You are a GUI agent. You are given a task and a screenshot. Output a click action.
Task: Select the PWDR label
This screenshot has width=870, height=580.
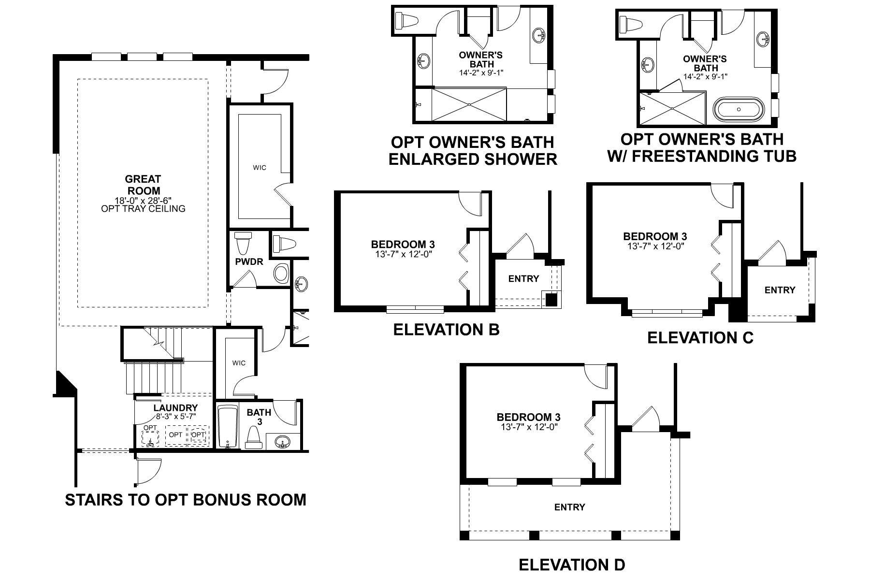249,262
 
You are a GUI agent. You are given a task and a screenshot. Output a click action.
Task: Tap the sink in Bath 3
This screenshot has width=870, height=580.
282,441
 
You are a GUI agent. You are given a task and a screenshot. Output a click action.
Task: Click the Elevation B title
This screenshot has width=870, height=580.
446,330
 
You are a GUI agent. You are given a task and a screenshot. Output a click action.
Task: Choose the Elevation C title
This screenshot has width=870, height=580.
700,337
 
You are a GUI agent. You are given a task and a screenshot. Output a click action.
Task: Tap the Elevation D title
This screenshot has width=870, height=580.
572,565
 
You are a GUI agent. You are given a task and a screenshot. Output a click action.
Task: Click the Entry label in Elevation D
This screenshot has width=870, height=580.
569,507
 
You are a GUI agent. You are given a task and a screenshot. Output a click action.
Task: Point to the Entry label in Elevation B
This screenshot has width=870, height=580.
523,278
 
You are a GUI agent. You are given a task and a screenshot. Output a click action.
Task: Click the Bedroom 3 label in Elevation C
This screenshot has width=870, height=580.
654,236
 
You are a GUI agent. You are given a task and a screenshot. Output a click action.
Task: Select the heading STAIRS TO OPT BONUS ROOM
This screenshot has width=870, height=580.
186,499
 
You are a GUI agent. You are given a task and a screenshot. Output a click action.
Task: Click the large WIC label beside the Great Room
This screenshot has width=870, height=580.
260,168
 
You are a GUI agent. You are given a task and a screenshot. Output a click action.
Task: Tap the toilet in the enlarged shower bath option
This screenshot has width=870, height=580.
405,20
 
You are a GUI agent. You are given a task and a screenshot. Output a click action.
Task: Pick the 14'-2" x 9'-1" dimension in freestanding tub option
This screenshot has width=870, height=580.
705,76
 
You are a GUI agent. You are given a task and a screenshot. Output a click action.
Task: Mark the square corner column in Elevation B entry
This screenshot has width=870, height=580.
551,299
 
